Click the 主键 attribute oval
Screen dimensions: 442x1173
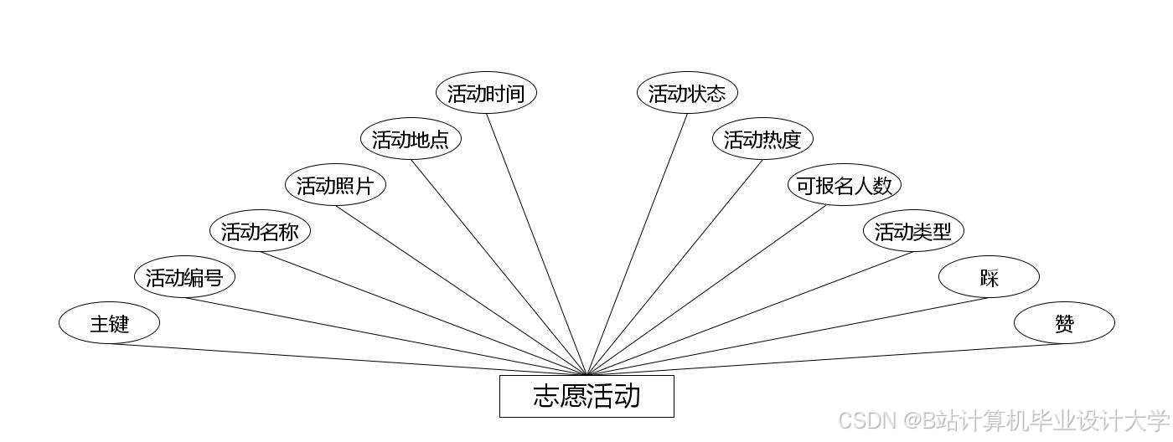tap(109, 323)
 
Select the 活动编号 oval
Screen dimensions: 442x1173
tap(184, 277)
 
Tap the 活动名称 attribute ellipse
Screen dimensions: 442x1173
tap(260, 231)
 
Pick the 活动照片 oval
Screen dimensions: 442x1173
tap(335, 185)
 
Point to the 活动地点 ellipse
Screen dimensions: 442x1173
tap(411, 139)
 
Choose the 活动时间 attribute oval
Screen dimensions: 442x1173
tap(486, 93)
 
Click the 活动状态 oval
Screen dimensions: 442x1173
tap(687, 93)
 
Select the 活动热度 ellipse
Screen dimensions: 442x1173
tap(762, 139)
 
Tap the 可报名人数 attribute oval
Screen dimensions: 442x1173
tap(845, 185)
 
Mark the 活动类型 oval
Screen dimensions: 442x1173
tap(913, 231)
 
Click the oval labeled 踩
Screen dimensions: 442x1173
tap(989, 277)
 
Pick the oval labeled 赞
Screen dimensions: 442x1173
tap(1064, 323)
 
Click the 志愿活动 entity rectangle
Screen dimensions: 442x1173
tap(586, 396)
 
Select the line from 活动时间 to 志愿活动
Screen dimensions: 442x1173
tap(536, 244)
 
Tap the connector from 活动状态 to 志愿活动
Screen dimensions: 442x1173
tap(637, 244)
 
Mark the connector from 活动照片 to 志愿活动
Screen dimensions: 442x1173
tap(461, 290)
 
